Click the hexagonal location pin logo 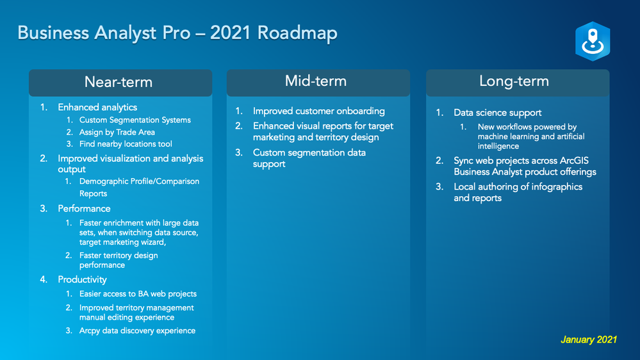[593, 41]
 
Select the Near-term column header [119, 82]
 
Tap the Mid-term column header [315, 81]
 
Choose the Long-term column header [514, 81]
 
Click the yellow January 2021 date [589, 340]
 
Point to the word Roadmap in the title [297, 33]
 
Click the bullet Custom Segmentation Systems [135, 120]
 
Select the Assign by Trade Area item [117, 132]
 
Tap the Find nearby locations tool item [126, 144]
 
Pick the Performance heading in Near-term [84, 209]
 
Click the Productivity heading [82, 279]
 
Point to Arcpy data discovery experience [137, 331]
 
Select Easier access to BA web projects [138, 294]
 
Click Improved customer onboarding [319, 111]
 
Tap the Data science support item [498, 113]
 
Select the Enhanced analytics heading [97, 108]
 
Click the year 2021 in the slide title [230, 33]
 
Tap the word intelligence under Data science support [498, 146]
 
